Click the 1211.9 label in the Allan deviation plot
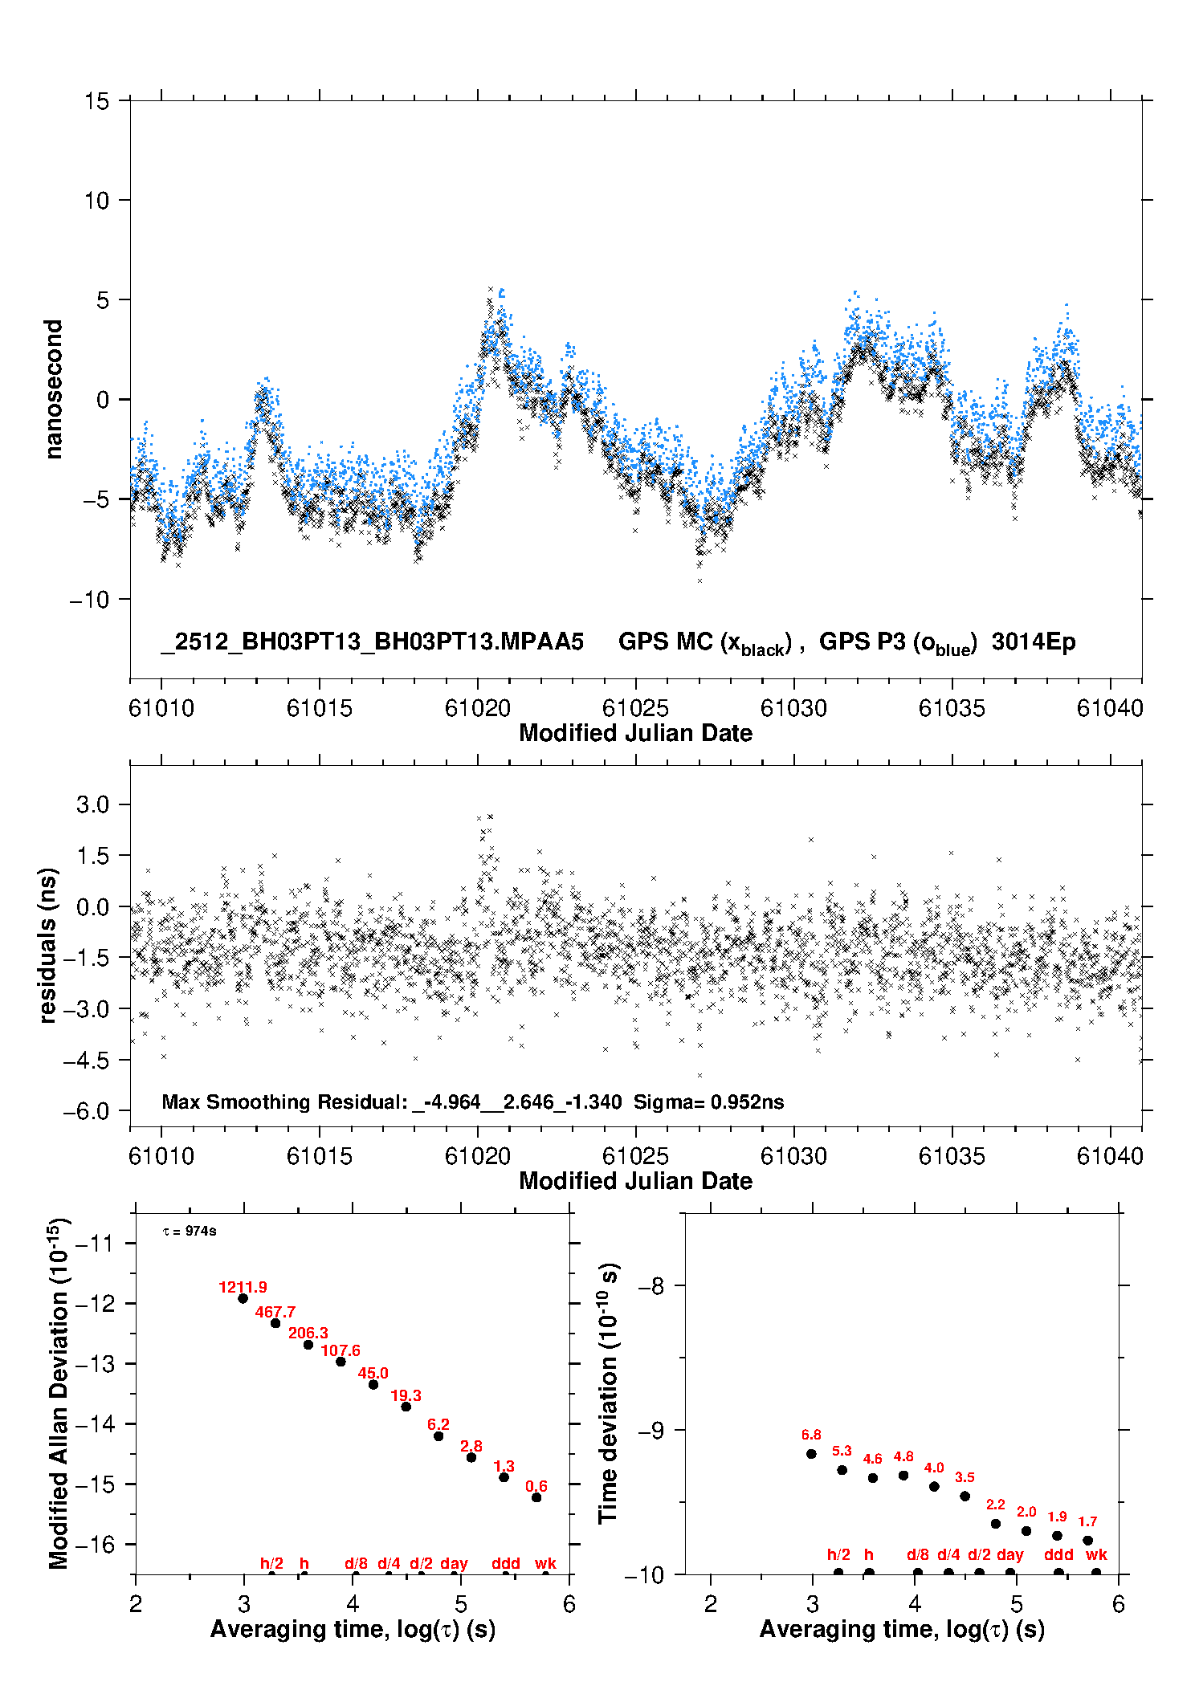pos(243,1287)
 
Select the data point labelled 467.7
pos(275,1323)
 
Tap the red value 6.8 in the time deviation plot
pos(811,1435)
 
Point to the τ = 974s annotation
pos(190,1232)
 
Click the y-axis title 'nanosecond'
pos(53,389)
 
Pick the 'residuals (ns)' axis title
pos(48,945)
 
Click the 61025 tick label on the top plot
pos(635,708)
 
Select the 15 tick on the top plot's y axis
pos(96,101)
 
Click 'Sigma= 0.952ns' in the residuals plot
pos(708,1102)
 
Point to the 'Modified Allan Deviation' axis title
pos(58,1393)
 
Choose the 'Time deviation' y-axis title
pos(608,1393)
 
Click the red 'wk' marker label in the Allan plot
pos(545,1563)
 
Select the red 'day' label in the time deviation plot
pos(1009,1554)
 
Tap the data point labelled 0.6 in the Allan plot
pos(536,1497)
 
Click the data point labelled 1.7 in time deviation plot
pos(1087,1541)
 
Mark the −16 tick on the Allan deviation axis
pos(95,1544)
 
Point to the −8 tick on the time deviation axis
pos(651,1285)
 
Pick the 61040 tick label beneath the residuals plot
pos(1110,1156)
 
